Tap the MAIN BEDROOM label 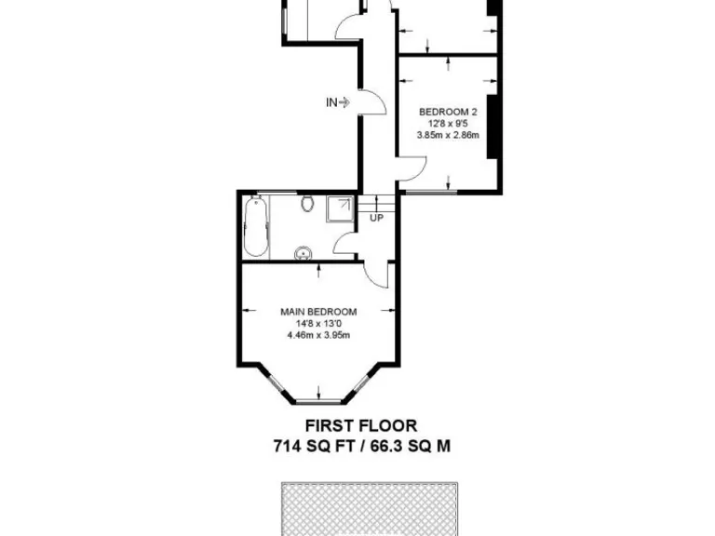point(318,312)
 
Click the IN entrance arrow point(337,102)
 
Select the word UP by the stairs point(377,219)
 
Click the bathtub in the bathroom point(256,227)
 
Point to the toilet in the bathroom point(308,204)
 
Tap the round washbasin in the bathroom point(303,252)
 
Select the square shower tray point(340,209)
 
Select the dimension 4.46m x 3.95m point(318,336)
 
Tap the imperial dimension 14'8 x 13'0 point(318,324)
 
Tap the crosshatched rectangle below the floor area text point(371,508)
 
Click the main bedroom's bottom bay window point(318,402)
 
